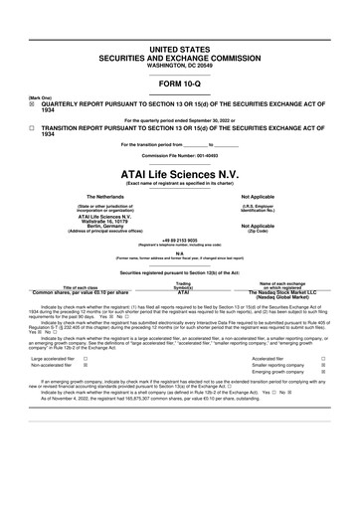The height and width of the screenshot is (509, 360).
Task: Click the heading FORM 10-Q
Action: pyautogui.click(x=179, y=84)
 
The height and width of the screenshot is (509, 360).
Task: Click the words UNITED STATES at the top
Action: pyautogui.click(x=179, y=48)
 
